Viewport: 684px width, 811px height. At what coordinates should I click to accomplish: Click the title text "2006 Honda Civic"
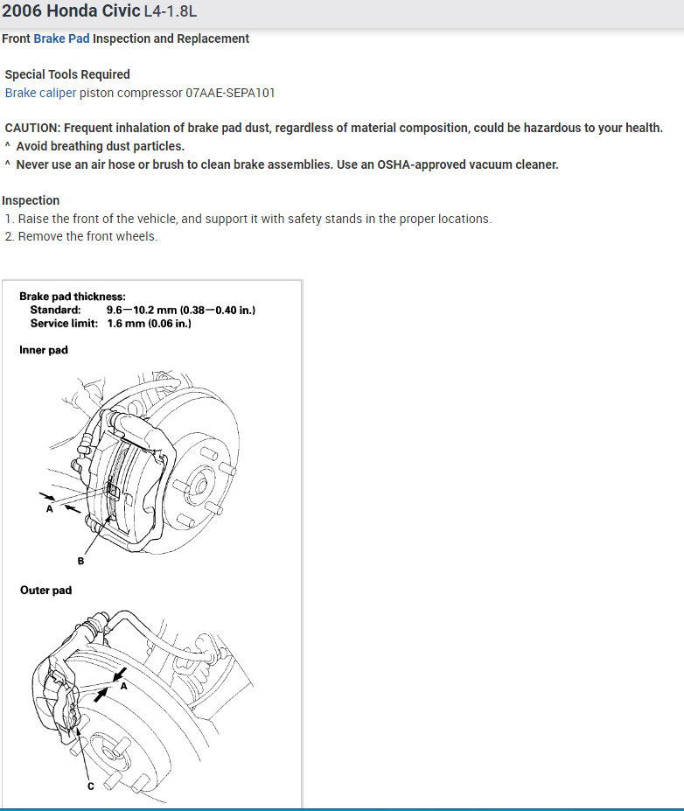pyautogui.click(x=70, y=13)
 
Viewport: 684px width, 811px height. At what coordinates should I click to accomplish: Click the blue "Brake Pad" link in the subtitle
pyautogui.click(x=61, y=38)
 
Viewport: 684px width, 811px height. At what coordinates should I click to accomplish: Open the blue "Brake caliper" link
pyautogui.click(x=40, y=92)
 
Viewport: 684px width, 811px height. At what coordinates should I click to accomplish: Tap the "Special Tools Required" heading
pyautogui.click(x=67, y=74)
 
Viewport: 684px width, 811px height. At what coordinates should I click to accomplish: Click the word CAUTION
pyautogui.click(x=32, y=128)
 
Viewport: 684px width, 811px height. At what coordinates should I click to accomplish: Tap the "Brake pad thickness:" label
pyautogui.click(x=73, y=297)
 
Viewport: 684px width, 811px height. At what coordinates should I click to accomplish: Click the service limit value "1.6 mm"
pyautogui.click(x=126, y=323)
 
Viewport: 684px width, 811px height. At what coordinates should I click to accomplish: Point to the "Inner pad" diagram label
pyautogui.click(x=44, y=350)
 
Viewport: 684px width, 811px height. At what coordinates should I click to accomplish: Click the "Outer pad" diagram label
pyautogui.click(x=46, y=591)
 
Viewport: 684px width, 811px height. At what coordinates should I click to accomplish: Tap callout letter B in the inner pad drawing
pyautogui.click(x=80, y=561)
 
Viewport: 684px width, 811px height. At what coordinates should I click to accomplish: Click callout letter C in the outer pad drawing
pyautogui.click(x=90, y=785)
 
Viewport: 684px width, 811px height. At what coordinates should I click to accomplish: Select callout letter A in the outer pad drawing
pyautogui.click(x=123, y=687)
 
